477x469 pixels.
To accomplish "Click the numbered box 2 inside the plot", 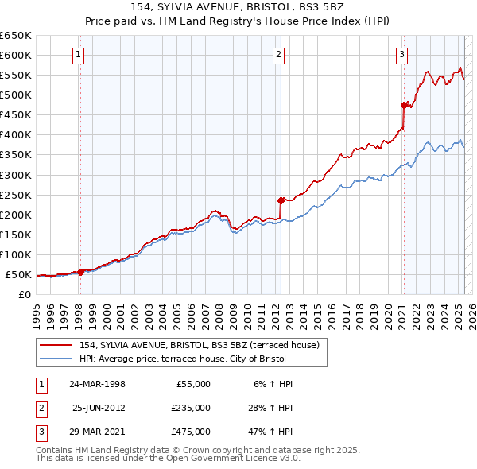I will tap(279, 55).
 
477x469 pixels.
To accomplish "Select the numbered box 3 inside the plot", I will tap(402, 55).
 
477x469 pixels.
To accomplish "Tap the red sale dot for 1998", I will tap(80, 272).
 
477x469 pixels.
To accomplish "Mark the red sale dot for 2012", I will tap(281, 200).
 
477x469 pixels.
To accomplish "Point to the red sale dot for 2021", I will tap(404, 104).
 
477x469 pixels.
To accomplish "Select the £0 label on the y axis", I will tap(25, 295).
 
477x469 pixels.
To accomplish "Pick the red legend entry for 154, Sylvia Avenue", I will tap(200, 345).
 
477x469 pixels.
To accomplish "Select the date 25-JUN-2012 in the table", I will tap(99, 408).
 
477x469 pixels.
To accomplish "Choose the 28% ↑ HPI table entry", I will tap(272, 408).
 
